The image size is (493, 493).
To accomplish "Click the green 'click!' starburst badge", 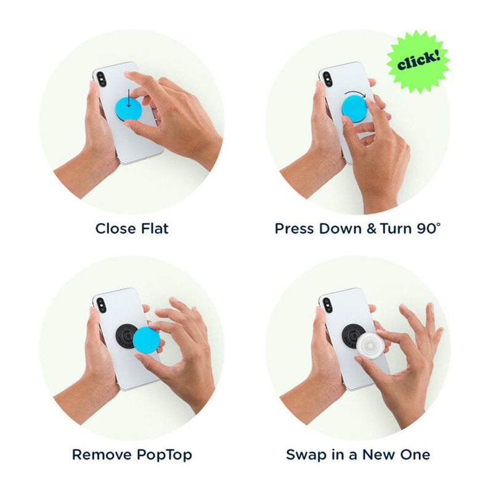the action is click(418, 61).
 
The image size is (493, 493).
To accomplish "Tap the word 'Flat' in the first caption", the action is click(155, 229).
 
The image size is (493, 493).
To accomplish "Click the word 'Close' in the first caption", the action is click(116, 229).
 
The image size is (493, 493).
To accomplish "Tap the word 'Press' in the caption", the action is click(295, 229).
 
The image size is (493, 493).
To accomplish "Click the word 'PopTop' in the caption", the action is click(164, 455).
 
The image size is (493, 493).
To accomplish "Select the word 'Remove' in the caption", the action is click(102, 455).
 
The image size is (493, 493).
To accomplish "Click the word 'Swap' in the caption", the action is click(302, 455).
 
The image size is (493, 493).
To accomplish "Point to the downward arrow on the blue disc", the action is click(128, 98).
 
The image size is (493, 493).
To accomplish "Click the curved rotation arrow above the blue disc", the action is click(356, 94).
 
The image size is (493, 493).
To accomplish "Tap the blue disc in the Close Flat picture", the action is click(129, 109).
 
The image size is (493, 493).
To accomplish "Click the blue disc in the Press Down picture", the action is click(355, 109).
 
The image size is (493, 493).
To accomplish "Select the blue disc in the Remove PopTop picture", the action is click(146, 340).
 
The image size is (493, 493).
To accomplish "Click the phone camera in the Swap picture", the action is click(327, 305).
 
